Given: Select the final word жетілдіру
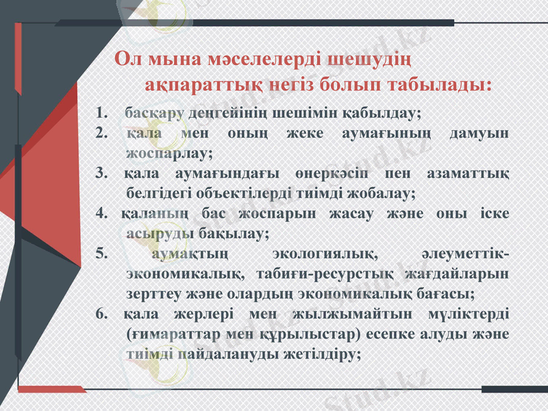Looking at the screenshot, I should (319, 355).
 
